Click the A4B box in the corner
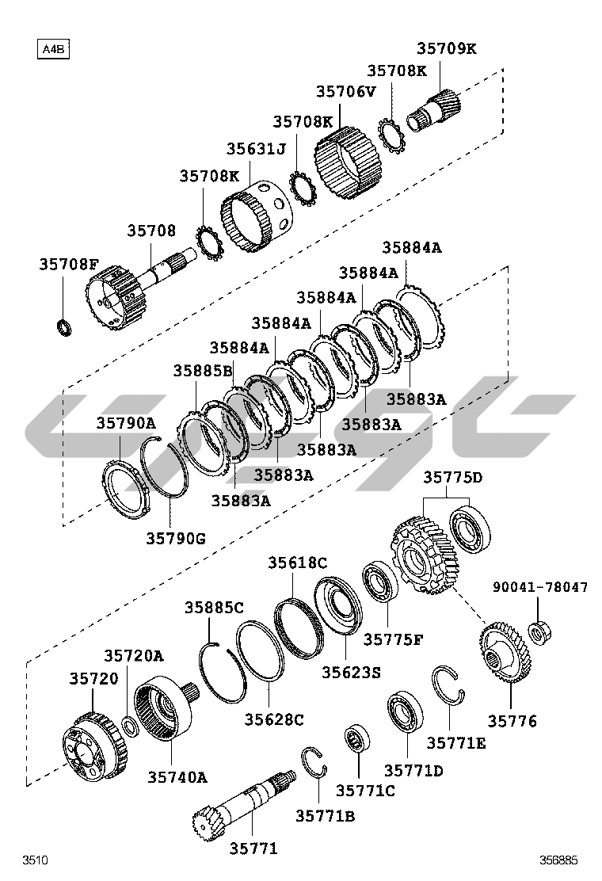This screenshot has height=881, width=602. (x=53, y=50)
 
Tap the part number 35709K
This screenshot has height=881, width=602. (x=447, y=48)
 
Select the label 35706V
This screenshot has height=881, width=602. (x=345, y=91)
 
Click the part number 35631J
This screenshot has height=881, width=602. (x=255, y=149)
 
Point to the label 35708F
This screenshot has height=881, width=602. (x=69, y=265)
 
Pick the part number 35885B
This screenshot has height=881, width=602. (x=203, y=371)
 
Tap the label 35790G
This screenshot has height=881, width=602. (x=175, y=539)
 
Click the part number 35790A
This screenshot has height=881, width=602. (x=127, y=423)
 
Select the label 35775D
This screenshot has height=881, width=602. (x=452, y=477)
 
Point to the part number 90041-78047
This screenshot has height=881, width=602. (x=540, y=587)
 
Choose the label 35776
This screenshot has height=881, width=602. (x=512, y=721)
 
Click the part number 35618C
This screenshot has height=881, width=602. (x=297, y=563)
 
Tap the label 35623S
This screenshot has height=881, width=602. (x=351, y=673)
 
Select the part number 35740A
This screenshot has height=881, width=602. (x=177, y=777)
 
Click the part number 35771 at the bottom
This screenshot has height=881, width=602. (x=253, y=849)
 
